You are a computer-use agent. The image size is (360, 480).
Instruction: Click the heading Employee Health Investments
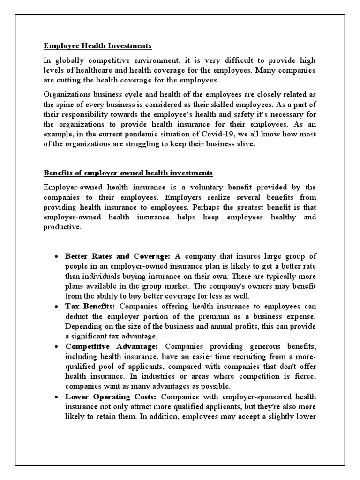[x=97, y=46]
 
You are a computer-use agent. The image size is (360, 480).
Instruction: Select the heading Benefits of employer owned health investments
[x=128, y=173]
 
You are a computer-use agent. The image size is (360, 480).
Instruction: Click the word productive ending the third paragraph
[x=62, y=226]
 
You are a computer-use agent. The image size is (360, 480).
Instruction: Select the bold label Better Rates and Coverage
[x=118, y=256]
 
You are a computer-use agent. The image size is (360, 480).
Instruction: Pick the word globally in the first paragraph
[x=67, y=60]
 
